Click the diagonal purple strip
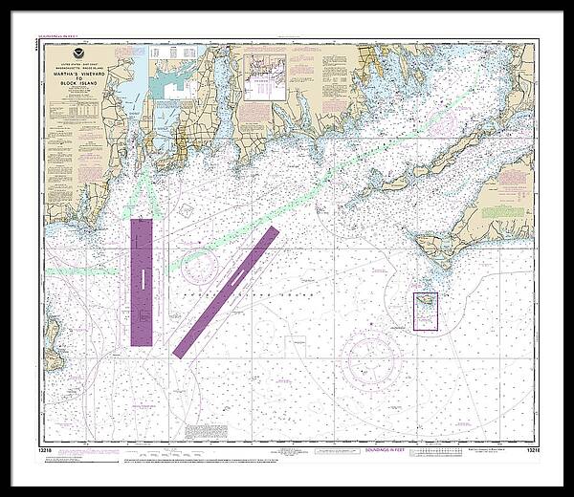click(x=226, y=292)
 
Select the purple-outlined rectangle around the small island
click(x=426, y=312)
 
